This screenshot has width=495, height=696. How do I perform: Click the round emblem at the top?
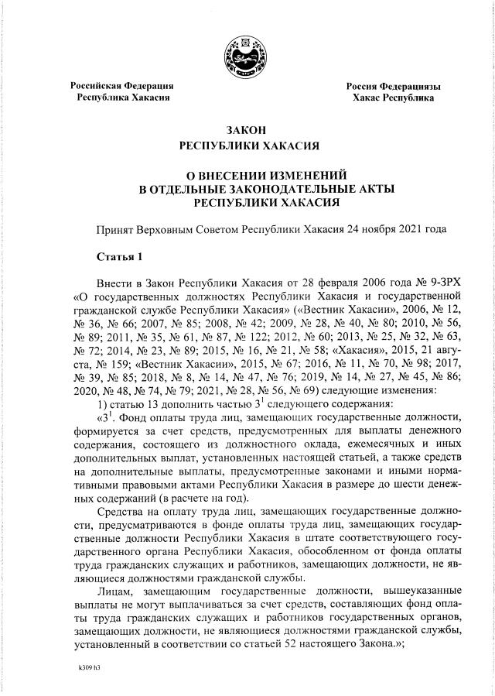point(248,57)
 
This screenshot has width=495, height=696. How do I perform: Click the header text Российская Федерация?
point(122,86)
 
